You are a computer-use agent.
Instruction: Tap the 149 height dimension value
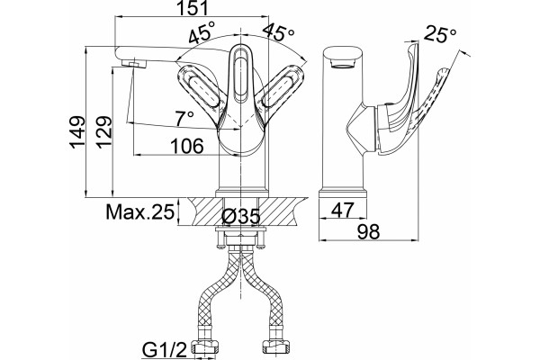pos(77,132)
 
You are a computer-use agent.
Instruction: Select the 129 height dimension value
pos(104,132)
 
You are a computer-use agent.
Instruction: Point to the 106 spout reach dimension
pos(188,146)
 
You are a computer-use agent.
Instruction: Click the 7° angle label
pos(184,119)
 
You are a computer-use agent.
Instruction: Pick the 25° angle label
pos(440,34)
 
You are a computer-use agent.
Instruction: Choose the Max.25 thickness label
pos(139,212)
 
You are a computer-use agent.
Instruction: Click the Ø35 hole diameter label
pos(240,217)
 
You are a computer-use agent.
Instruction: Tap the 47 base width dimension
pos(342,210)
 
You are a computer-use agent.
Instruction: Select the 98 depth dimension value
pos(368,231)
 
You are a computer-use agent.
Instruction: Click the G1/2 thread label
pos(165,350)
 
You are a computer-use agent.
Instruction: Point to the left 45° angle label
pos(202,32)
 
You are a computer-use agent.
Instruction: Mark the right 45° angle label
pos(279,33)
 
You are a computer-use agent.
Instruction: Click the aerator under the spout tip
pos(134,64)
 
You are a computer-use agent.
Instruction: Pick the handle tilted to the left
pos(200,90)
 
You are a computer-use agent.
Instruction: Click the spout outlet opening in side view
pos(342,64)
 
